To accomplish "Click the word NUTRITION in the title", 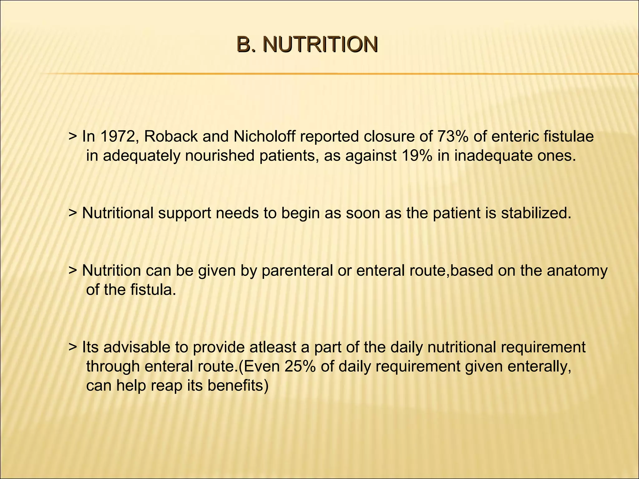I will tap(320, 45).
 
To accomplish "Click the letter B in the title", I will tap(244, 45).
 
